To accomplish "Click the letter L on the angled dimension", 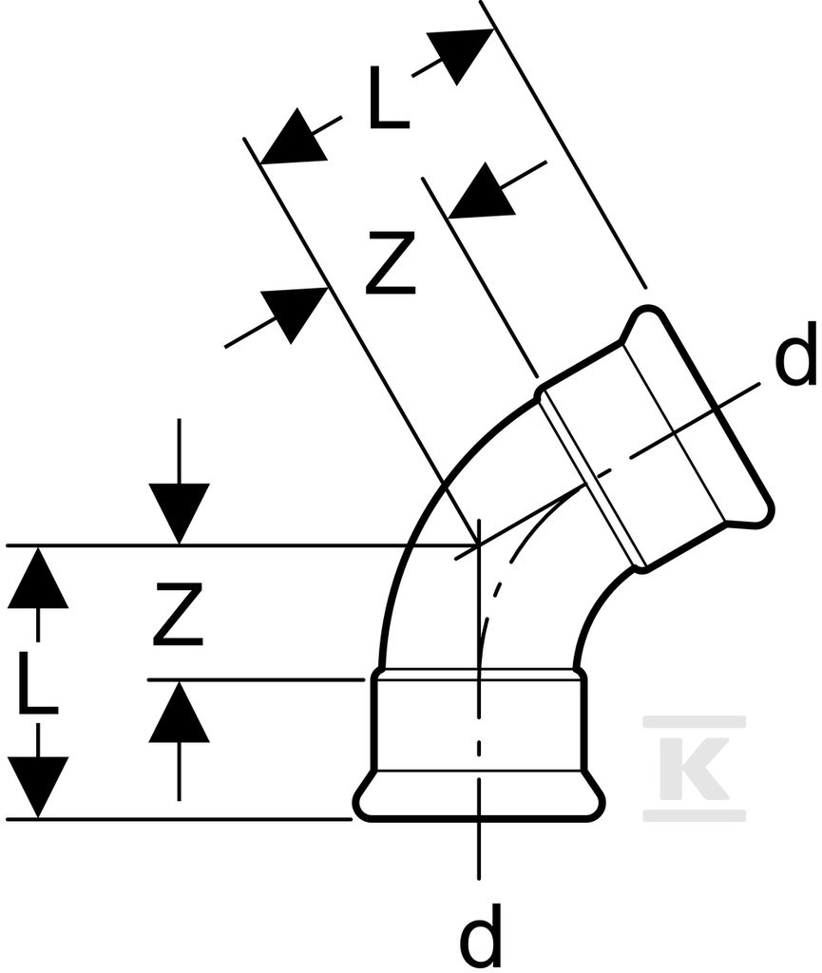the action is point(389,98).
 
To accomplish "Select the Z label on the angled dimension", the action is point(391,262).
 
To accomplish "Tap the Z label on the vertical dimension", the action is point(179,613).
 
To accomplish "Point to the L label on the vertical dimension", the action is point(38,682).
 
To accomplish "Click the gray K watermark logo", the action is point(695,768).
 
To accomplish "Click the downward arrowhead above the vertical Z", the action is point(180,514).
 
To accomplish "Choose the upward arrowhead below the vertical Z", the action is point(180,711).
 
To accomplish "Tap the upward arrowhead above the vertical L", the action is point(38,577).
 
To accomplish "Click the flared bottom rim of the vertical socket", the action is point(479,797).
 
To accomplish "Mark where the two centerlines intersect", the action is point(478,544).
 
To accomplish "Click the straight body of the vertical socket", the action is point(479,721).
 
